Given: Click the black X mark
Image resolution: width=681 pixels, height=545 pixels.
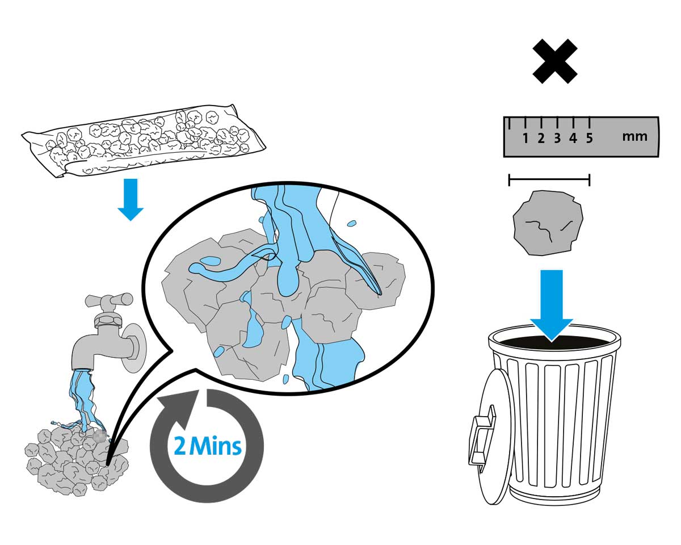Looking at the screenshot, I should coord(554,61).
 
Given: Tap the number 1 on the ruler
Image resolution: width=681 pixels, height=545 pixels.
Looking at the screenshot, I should coord(526,138).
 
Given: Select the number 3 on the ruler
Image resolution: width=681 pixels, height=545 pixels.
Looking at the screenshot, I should coord(557,138).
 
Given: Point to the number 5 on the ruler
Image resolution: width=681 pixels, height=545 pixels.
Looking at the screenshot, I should coord(589,138).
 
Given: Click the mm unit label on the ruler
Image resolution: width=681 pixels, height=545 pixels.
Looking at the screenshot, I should coord(634,137).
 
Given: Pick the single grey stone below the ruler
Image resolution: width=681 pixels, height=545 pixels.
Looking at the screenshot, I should coord(548,223).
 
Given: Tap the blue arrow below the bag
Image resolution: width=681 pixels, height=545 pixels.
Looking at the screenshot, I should coord(131,199).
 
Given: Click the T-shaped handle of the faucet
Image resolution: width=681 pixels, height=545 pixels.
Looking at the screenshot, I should coord(108,300).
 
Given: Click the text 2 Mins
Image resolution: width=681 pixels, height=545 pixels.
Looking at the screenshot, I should coord(208,446).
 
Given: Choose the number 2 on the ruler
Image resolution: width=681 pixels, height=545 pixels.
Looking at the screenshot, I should coord(541,138).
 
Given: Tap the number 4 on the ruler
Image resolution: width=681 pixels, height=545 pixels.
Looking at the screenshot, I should coord(573,138).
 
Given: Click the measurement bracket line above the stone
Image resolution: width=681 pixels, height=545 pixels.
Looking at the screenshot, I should coord(549,181).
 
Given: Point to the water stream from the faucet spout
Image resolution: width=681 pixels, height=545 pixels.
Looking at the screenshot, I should coord(83,397).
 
